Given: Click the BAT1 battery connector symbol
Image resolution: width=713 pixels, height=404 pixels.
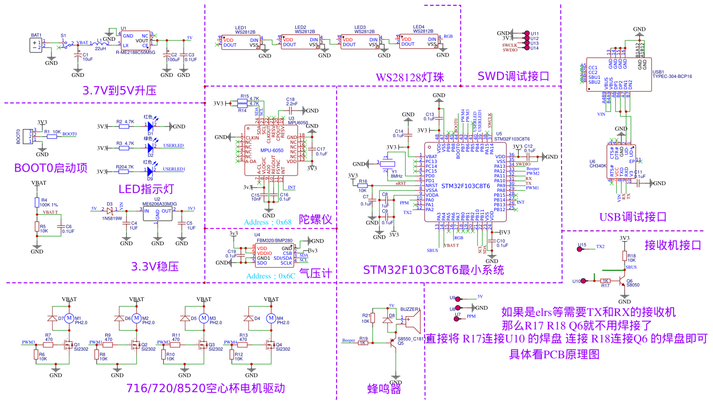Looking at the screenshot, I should (36, 45).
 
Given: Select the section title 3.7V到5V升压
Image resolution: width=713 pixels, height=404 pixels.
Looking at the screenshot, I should (119, 90).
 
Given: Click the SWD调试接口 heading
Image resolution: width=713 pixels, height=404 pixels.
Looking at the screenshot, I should (513, 76).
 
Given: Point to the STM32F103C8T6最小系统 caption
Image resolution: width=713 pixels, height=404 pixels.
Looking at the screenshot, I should (433, 270).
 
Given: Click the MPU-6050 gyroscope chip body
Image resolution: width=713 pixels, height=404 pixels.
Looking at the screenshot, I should (271, 150).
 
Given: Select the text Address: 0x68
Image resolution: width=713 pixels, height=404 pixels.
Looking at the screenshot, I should (268, 222).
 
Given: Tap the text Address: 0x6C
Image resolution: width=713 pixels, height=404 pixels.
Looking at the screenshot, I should (271, 276).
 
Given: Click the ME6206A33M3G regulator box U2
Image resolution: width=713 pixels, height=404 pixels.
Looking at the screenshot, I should (158, 214).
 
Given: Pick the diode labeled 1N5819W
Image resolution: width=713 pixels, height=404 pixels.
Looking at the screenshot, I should (110, 210).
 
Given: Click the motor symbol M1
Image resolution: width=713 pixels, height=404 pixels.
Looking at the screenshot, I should (69, 318).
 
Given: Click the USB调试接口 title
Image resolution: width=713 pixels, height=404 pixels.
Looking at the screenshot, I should (633, 217).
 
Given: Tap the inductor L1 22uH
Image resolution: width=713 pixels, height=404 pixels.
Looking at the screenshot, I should (100, 44).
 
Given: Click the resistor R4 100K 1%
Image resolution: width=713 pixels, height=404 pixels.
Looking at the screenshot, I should (37, 202).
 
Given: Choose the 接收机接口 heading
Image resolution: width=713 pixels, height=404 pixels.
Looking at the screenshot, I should (673, 245).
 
